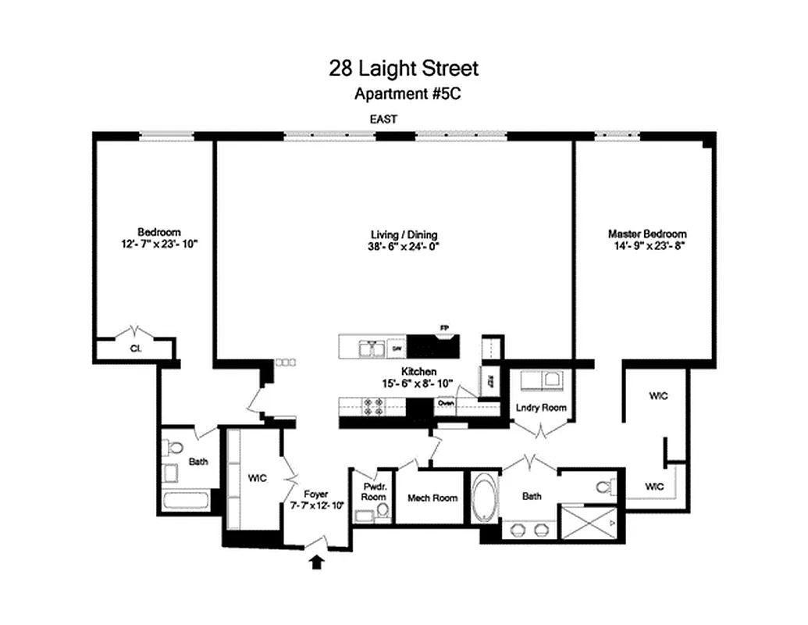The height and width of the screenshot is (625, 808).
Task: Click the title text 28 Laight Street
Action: pyautogui.click(x=404, y=69)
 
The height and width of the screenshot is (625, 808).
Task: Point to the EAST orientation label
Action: pyautogui.click(x=383, y=120)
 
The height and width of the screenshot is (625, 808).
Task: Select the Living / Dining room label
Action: pyautogui.click(x=404, y=234)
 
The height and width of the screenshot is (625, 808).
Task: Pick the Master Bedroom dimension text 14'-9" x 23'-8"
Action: pyautogui.click(x=647, y=245)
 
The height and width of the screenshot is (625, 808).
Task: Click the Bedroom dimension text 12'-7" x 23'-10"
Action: pyautogui.click(x=159, y=243)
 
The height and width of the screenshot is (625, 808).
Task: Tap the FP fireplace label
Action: pyautogui.click(x=447, y=329)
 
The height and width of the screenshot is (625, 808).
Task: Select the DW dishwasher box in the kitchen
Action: pyautogui.click(x=397, y=348)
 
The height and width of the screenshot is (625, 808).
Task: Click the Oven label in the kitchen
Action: pyautogui.click(x=446, y=404)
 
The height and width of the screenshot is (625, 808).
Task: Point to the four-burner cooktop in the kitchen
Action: pyautogui.click(x=371, y=406)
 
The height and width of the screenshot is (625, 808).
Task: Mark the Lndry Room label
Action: pyautogui.click(x=541, y=408)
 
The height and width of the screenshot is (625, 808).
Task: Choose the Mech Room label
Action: pyautogui.click(x=432, y=498)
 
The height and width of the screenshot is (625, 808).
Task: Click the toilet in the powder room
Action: pyautogui.click(x=383, y=512)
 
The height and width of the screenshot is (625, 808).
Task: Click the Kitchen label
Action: pyautogui.click(x=418, y=372)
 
